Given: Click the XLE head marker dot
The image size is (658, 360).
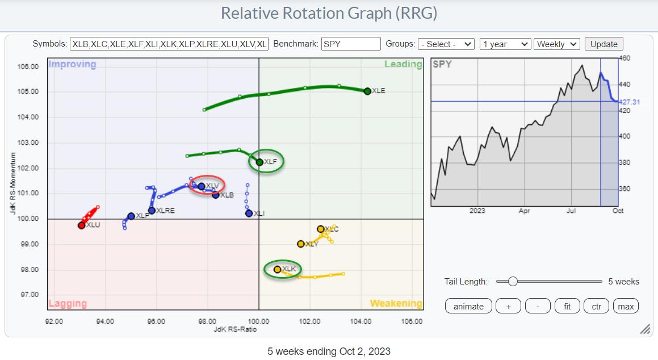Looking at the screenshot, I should (367, 91).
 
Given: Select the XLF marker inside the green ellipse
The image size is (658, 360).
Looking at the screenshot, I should (259, 162).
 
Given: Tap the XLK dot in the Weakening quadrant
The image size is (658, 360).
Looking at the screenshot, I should (277, 269).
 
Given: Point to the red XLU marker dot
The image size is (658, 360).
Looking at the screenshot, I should (81, 225).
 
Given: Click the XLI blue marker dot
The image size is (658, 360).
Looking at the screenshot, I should (249, 214).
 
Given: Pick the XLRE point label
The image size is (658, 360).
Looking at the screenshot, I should (165, 211).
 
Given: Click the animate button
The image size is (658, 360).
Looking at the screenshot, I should (468, 306).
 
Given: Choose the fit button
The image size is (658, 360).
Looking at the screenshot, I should (567, 306).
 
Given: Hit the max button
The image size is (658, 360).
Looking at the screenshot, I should (626, 306).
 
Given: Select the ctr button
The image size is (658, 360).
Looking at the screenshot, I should (596, 306).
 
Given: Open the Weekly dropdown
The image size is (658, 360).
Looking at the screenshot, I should (556, 44).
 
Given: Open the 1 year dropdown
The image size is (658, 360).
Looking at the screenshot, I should (505, 44).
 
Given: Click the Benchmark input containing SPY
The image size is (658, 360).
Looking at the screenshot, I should (350, 44).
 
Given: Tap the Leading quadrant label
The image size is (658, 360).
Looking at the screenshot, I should (403, 64).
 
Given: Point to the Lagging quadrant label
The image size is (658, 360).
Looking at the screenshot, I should (68, 304).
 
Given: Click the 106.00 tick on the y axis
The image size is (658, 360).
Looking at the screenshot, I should (28, 66).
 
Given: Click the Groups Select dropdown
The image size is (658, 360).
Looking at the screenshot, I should (446, 44).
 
